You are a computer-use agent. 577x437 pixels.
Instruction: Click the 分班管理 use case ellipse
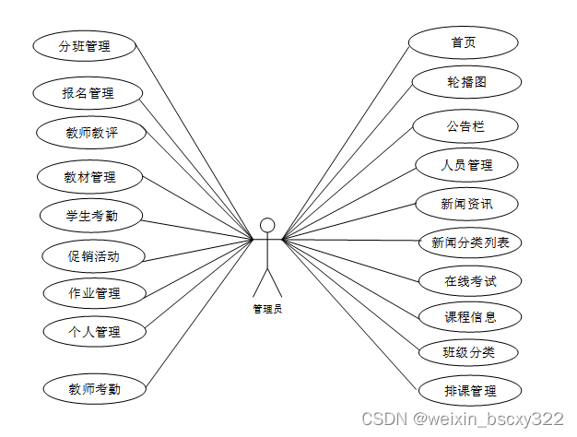coord(84,45)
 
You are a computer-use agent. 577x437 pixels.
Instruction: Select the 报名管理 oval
coord(88,93)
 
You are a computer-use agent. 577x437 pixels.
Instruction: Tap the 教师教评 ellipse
coord(91,133)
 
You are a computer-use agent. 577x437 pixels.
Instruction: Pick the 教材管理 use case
coord(89,176)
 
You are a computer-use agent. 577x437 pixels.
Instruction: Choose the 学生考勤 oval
coord(91,217)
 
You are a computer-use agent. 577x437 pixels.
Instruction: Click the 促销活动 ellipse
coord(94,256)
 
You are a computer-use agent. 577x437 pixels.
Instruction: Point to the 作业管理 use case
coord(95,294)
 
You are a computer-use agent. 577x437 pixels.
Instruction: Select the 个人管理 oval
coord(94,331)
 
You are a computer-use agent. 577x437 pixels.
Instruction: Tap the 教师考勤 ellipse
coord(94,389)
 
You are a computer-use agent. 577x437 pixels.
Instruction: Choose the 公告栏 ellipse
coord(465,125)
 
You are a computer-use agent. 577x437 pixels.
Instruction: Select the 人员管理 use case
coord(466,165)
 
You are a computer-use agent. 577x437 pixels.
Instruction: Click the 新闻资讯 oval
coord(466,203)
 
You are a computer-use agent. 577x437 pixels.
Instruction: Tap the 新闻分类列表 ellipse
coord(470,243)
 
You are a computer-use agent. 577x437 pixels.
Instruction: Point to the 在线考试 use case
coord(470,279)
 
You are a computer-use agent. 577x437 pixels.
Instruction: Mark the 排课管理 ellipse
coord(470,391)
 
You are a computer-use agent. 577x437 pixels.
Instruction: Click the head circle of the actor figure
coord(267,225)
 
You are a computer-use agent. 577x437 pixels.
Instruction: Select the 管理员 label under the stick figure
coord(267,309)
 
